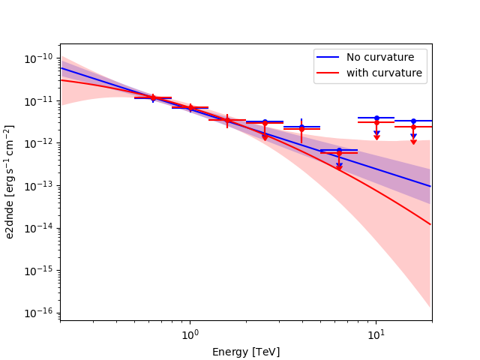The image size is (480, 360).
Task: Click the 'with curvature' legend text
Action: click(x=384, y=73)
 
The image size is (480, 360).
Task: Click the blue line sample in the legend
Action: click(x=329, y=58)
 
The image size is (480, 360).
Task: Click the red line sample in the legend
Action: click(x=329, y=73)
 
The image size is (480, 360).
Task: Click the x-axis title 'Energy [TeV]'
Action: click(x=245, y=352)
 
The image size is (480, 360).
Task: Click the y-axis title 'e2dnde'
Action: click(x=10, y=182)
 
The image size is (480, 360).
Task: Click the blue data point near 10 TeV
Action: click(x=376, y=118)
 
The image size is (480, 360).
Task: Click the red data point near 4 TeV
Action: click(x=301, y=129)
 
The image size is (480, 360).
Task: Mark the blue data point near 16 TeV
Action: click(x=413, y=121)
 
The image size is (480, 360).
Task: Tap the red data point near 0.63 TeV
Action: click(x=153, y=97)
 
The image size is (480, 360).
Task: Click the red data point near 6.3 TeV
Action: click(x=339, y=153)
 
